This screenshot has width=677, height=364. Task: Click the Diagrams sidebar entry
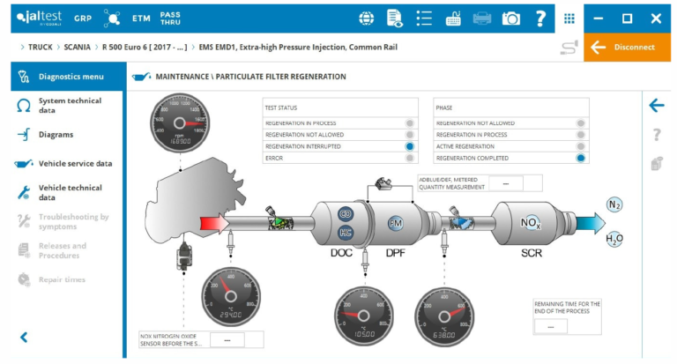pyautogui.click(x=56, y=135)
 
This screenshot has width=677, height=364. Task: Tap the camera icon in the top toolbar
pyautogui.click(x=510, y=19)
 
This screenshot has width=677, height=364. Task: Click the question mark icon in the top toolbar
pyautogui.click(x=540, y=19)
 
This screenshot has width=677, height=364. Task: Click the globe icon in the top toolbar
pyautogui.click(x=366, y=19)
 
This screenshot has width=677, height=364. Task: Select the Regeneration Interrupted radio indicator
pyautogui.click(x=411, y=146)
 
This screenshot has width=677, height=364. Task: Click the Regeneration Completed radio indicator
pyautogui.click(x=581, y=158)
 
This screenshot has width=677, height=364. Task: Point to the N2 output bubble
pyautogui.click(x=614, y=204)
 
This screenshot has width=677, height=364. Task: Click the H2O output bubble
pyautogui.click(x=614, y=239)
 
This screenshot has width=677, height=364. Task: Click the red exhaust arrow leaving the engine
pyautogui.click(x=213, y=224)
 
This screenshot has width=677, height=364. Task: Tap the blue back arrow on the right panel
pyautogui.click(x=656, y=106)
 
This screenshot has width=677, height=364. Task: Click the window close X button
pyautogui.click(x=655, y=19)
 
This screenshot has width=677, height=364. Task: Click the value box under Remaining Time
pyautogui.click(x=550, y=325)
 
